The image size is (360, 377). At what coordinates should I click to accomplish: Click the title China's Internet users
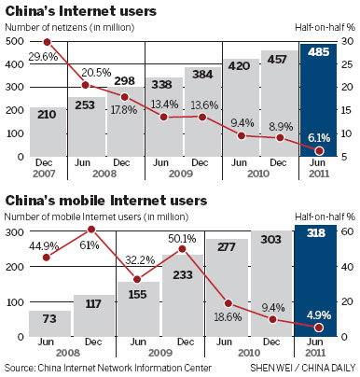[80, 12]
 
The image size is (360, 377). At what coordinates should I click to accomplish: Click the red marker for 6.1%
[320, 151]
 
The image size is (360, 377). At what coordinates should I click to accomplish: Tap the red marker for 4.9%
[320, 328]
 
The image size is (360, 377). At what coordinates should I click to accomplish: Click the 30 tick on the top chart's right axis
[344, 43]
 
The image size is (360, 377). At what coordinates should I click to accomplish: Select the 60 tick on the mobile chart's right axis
[345, 229]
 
